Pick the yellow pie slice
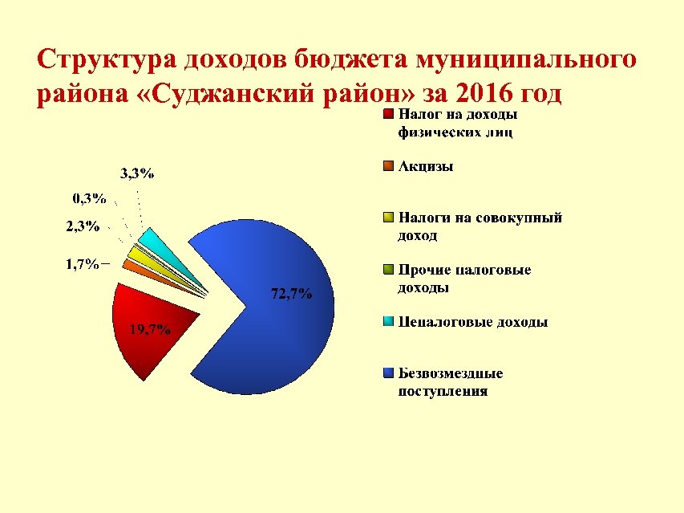click(140, 254)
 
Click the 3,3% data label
click(137, 173)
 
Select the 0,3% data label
click(89, 197)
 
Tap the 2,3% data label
click(83, 226)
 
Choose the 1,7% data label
click(82, 264)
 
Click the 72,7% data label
click(291, 294)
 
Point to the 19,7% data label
click(149, 328)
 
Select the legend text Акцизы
click(426, 166)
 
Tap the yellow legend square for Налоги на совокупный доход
click(388, 218)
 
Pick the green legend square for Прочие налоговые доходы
click(388, 270)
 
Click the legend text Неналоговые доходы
click(473, 322)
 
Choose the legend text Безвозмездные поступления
click(451, 382)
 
